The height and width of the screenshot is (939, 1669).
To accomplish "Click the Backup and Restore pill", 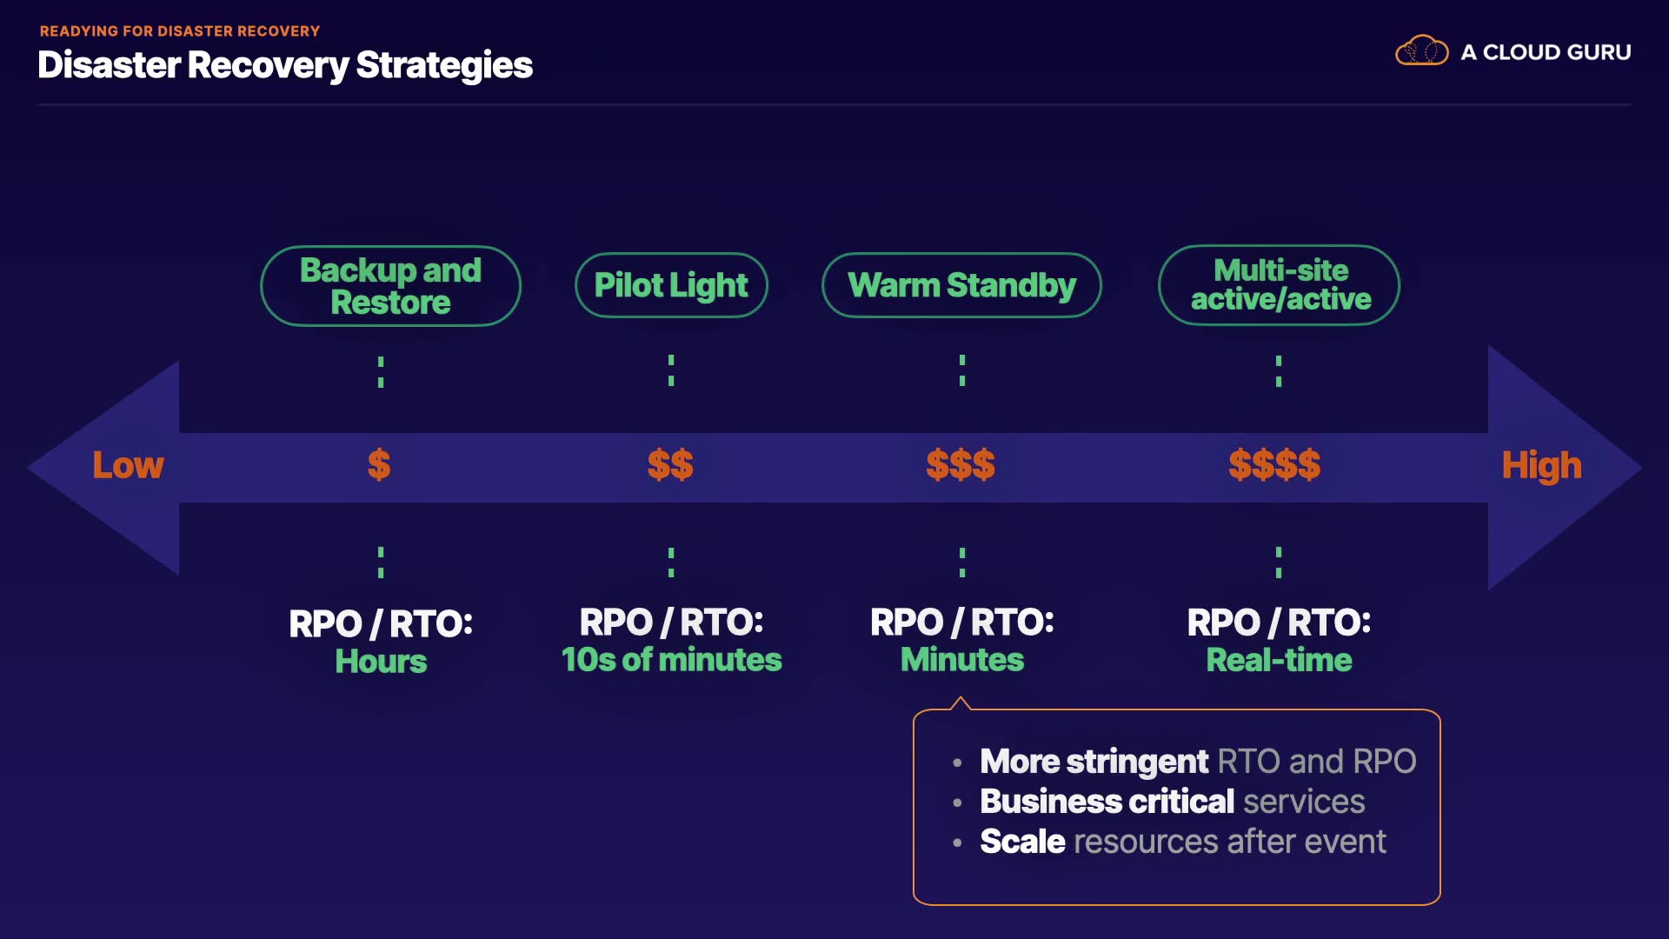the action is coord(390,286).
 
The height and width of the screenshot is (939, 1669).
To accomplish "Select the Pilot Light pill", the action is coord(671,285).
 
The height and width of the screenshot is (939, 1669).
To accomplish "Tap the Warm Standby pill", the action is coord(961,285).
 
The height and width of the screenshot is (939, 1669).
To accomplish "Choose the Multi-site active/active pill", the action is coord(1279,285).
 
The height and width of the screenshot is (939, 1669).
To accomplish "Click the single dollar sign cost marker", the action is coord(379,464).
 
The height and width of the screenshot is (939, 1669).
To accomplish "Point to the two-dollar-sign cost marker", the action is coord(670,464).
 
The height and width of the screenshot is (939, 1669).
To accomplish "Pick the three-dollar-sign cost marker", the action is coord(961,464).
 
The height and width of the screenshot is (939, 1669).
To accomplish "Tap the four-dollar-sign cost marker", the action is coord(1274,464).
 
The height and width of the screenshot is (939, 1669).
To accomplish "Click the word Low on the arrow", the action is coord(128,465).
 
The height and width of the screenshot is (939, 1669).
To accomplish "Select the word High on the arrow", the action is coord(1542,466).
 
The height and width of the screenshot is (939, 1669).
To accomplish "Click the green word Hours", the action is coord(381,662).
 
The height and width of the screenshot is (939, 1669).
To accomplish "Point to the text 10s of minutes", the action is coord(671,660).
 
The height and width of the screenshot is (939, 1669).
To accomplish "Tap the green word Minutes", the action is coord(962,660).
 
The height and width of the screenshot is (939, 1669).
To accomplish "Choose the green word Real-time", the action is coord(1279,660).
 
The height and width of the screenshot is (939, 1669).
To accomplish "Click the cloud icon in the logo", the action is coord(1422,50).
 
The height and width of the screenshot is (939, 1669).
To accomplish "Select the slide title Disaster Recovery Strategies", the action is coord(285,65).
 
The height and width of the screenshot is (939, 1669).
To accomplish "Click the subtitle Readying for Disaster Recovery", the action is coord(180,31).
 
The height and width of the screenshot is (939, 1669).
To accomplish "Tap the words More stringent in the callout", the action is coord(1094,762).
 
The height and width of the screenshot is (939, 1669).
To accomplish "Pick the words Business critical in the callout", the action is coord(1107,802).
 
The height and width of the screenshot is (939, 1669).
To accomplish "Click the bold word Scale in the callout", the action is coord(1022,842).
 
